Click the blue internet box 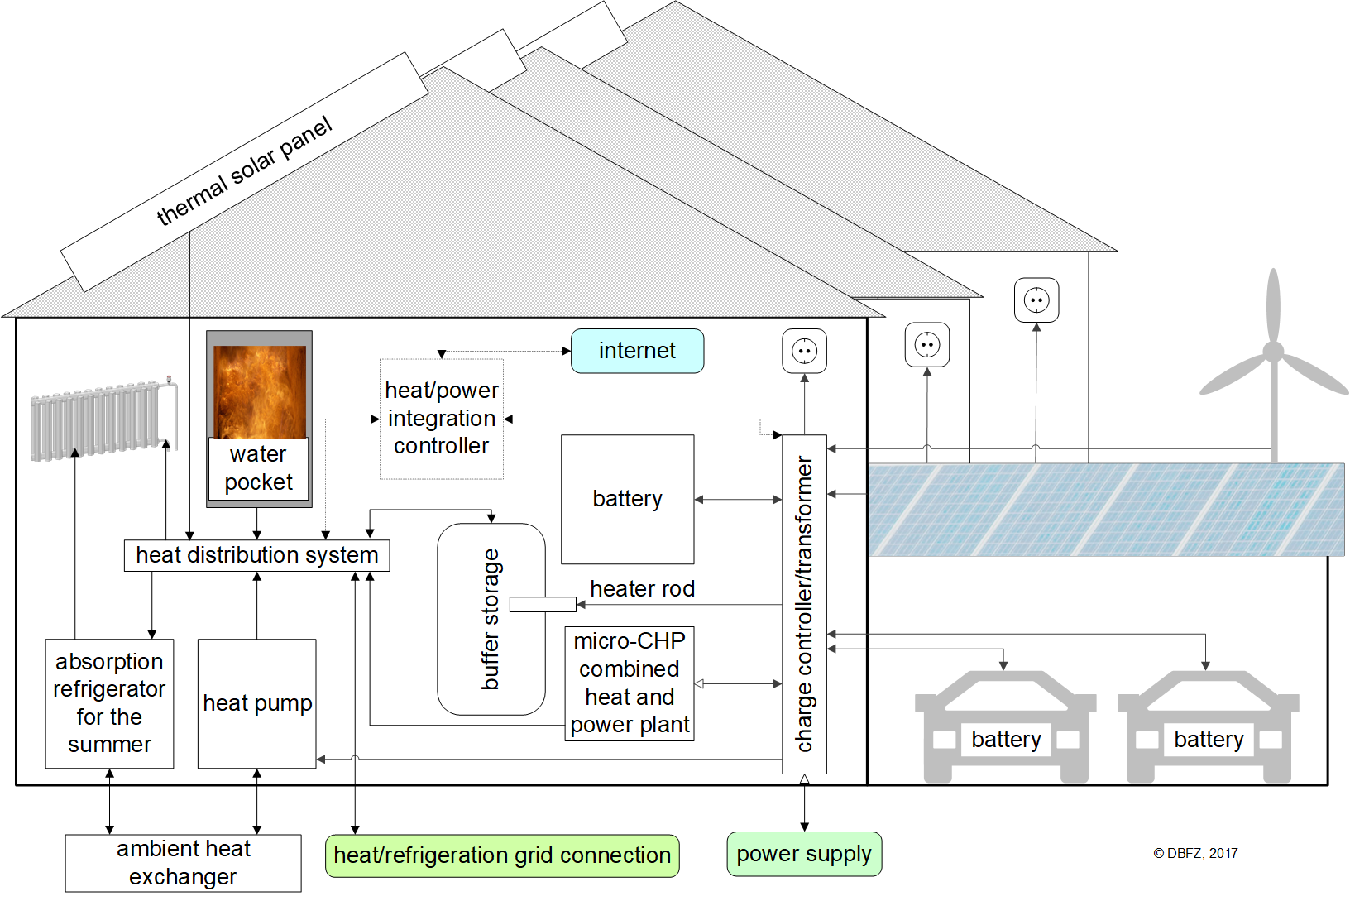pos(637,351)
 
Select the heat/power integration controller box pos(441,419)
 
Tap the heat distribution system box pos(256,555)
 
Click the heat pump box pos(256,703)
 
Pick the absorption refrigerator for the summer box pos(109,703)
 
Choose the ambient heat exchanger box pos(183,863)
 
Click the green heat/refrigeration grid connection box pos(502,855)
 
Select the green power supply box pos(804,854)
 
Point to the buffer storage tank pos(491,619)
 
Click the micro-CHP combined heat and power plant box pos(630,683)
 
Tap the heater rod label pos(642,588)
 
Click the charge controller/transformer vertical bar pos(804,604)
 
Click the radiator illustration pos(99,420)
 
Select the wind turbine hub pos(1273,352)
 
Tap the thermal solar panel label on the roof pos(244,171)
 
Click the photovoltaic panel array pos(1105,509)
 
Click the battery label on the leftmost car pos(1006,739)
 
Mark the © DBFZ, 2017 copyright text pos(1195,853)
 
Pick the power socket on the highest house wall pos(1036,300)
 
